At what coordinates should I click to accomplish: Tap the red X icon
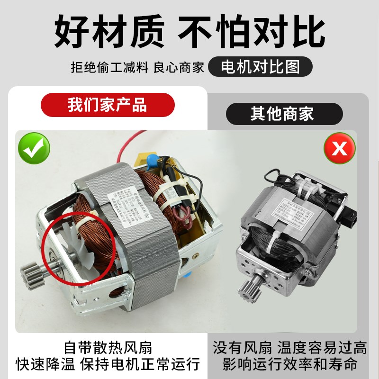[x=339, y=148]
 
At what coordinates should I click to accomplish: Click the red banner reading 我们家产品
[x=107, y=105]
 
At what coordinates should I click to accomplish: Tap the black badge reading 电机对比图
[x=261, y=67]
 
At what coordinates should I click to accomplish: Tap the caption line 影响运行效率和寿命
[x=289, y=364]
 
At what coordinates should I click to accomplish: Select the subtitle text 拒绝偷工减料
[x=109, y=67]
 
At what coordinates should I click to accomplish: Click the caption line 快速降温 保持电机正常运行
[x=108, y=364]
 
